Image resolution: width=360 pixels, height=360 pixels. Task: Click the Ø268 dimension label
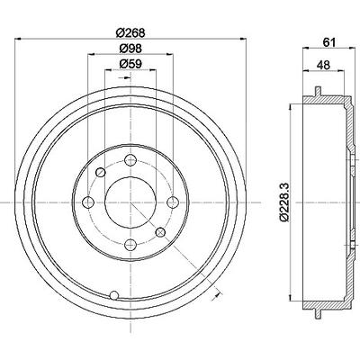point(130,32)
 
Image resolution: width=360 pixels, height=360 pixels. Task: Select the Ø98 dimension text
point(130,48)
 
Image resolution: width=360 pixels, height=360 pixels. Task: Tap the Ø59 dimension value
point(130,64)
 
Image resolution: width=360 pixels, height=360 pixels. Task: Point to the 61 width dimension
point(328,42)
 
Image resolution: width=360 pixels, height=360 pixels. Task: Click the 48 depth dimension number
point(323,65)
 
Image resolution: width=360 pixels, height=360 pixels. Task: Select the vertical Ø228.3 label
point(284,202)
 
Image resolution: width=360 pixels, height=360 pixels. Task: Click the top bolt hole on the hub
point(130,160)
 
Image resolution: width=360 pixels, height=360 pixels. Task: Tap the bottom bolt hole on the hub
point(130,245)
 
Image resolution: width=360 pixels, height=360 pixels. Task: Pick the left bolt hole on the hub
point(88,202)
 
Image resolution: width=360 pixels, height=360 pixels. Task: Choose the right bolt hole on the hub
point(173,202)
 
